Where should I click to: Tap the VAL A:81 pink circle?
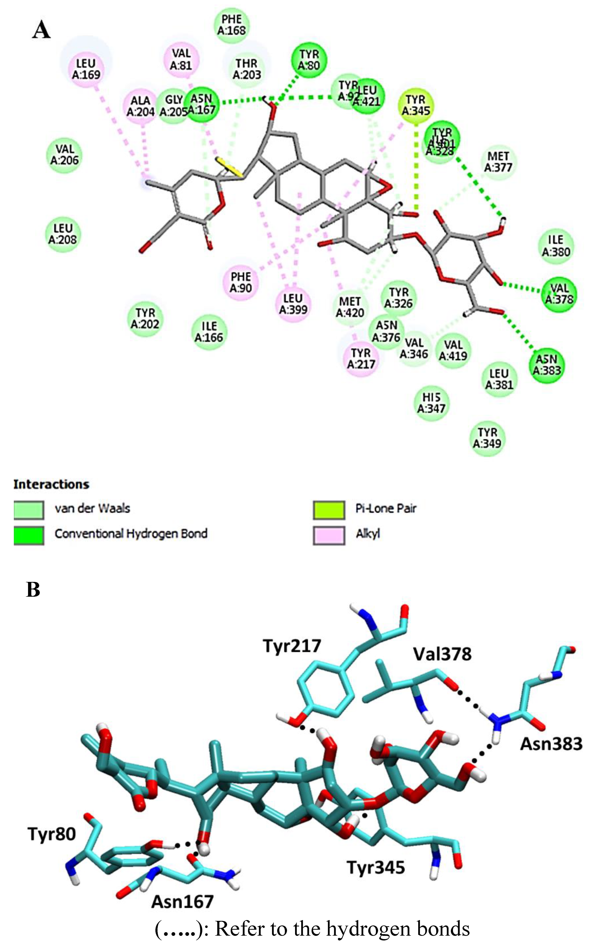pyautogui.click(x=181, y=59)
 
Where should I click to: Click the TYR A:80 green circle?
pyautogui.click(x=309, y=60)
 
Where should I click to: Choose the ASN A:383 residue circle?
pyautogui.click(x=547, y=365)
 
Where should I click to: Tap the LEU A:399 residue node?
pyautogui.click(x=293, y=304)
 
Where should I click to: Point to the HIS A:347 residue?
pyautogui.click(x=431, y=403)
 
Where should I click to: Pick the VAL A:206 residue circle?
pyautogui.click(x=65, y=155)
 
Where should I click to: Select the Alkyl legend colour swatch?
pyautogui.click(x=329, y=535)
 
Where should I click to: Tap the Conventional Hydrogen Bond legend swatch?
pyautogui.click(x=29, y=535)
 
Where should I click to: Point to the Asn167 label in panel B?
pyautogui.click(x=182, y=902)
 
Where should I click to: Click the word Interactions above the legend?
pyautogui.click(x=51, y=484)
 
